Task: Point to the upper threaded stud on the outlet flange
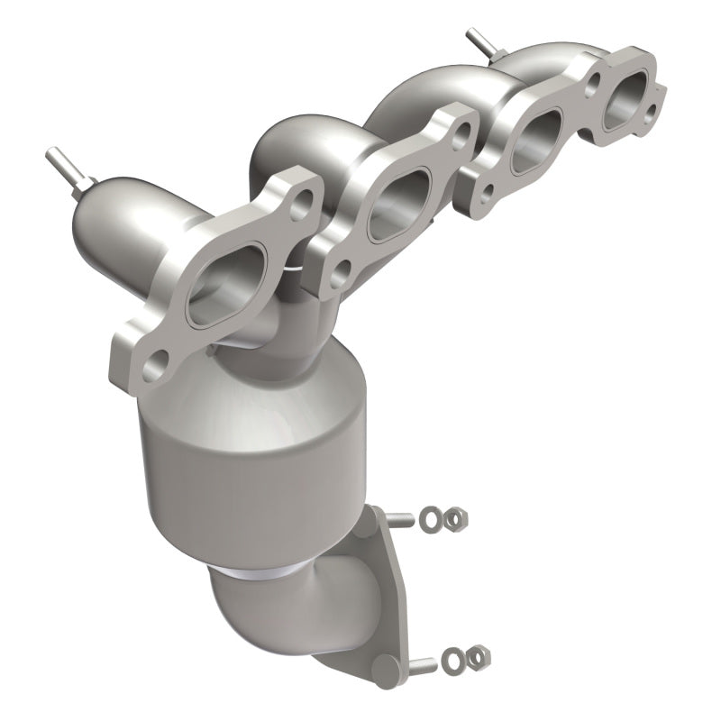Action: tap(406, 520)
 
